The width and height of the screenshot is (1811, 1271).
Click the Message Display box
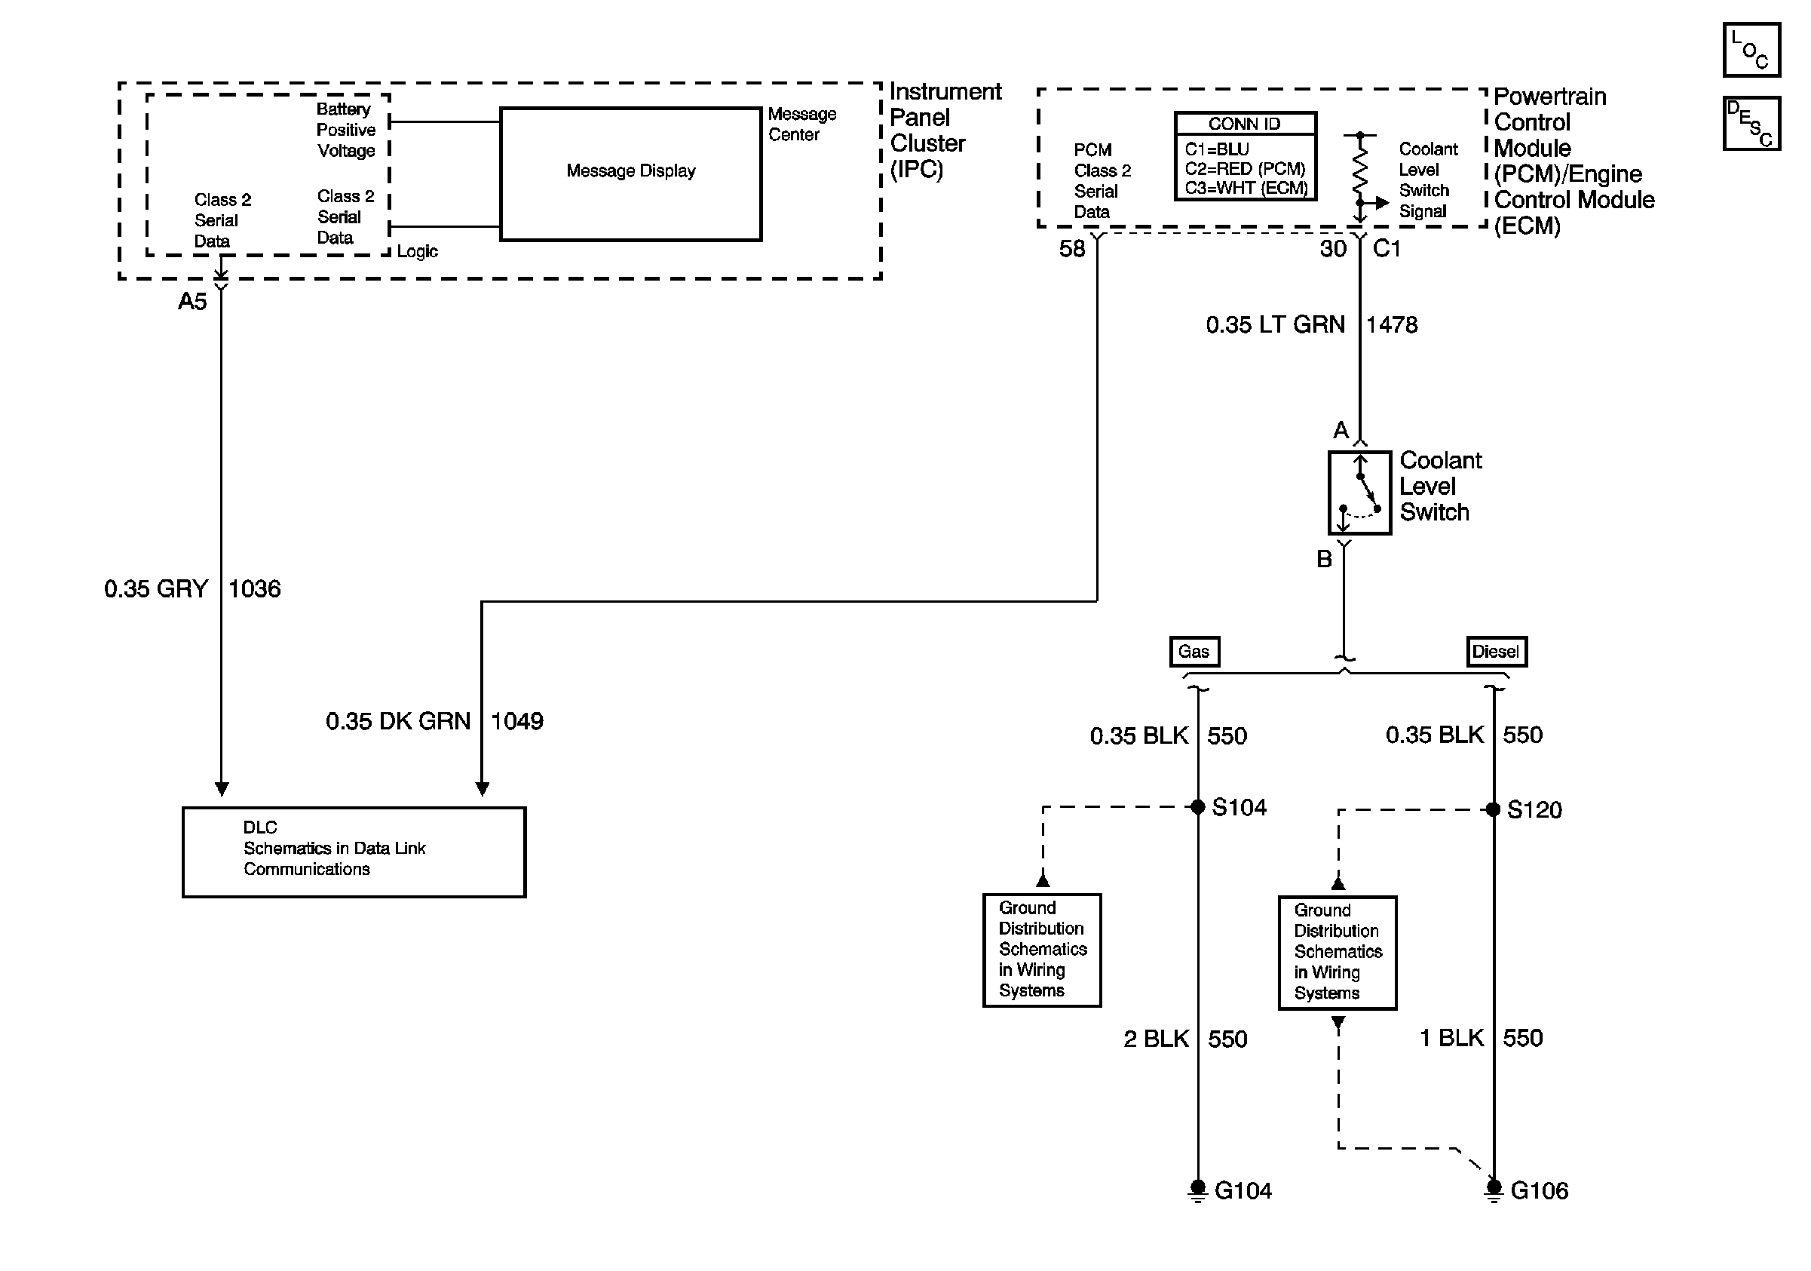pyautogui.click(x=631, y=173)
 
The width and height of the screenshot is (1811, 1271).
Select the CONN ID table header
pyautogui.click(x=1246, y=124)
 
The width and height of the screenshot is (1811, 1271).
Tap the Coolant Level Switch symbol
pyautogui.click(x=1360, y=493)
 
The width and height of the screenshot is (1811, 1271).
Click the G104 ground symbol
pyautogui.click(x=1197, y=1190)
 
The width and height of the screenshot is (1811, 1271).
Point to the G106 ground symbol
pyautogui.click(x=1493, y=1190)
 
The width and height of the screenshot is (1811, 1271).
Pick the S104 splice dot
pyautogui.click(x=1197, y=806)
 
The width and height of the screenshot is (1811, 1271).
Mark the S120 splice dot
pyautogui.click(x=1493, y=809)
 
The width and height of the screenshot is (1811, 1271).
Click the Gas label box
pyautogui.click(x=1194, y=652)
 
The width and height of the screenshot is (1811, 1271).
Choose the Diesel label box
pyautogui.click(x=1497, y=652)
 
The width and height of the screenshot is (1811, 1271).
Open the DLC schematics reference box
pyautogui.click(x=354, y=852)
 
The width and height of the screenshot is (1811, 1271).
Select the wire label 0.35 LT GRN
pyautogui.click(x=1275, y=325)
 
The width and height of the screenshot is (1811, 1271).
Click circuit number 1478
pyautogui.click(x=1392, y=325)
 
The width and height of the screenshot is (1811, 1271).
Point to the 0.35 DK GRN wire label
pyautogui.click(x=398, y=721)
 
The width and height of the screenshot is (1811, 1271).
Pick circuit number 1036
pyautogui.click(x=255, y=589)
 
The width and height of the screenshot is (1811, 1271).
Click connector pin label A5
pyautogui.click(x=192, y=302)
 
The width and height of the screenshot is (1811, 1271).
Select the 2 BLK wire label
pyautogui.click(x=1157, y=1039)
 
